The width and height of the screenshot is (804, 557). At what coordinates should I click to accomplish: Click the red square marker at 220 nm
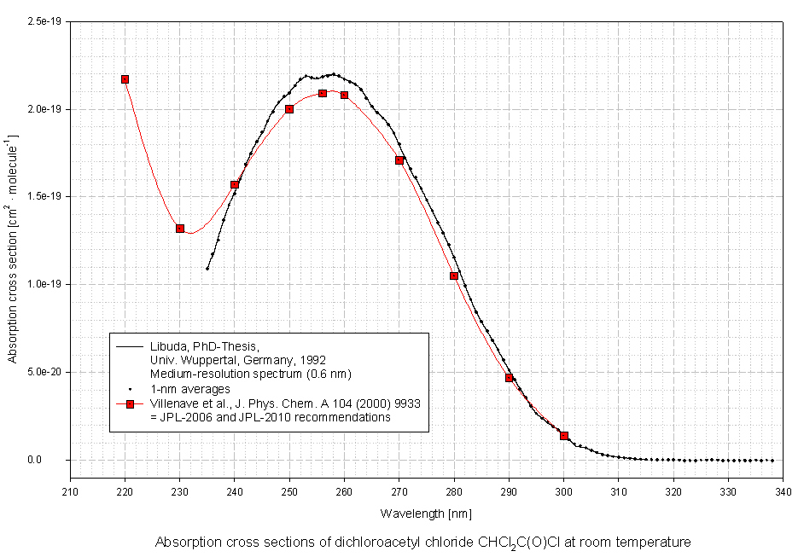[125, 79]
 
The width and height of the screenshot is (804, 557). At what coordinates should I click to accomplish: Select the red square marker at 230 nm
[180, 229]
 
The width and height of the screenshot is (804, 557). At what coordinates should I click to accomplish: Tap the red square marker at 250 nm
[289, 109]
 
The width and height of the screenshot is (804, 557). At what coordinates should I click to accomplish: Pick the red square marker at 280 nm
[454, 276]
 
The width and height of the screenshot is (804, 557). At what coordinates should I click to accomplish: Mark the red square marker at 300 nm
[564, 436]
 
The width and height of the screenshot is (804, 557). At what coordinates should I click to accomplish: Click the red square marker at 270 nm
[399, 160]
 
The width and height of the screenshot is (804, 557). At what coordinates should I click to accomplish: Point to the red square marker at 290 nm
[510, 378]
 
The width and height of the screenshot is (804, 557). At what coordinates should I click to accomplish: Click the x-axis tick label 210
[70, 492]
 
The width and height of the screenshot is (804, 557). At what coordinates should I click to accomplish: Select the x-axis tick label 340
[784, 492]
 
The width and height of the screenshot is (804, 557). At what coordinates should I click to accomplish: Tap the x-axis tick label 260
[344, 492]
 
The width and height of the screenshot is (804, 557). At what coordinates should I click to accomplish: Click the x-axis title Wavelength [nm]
[426, 513]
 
